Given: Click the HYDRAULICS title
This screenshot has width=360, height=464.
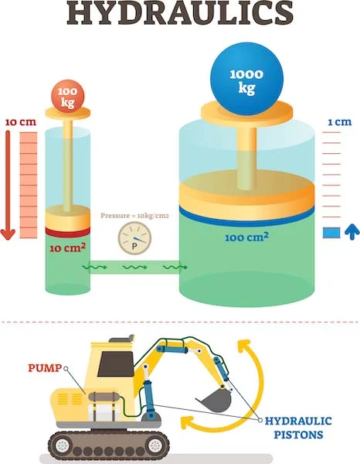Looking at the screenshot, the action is (180, 13).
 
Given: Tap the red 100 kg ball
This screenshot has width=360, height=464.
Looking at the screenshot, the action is (68, 97).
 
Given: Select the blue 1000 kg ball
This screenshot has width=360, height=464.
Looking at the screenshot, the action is (246, 79).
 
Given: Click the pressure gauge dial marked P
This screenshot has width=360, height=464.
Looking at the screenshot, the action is (134, 238).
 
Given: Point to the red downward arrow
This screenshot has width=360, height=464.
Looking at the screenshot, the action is (8, 185).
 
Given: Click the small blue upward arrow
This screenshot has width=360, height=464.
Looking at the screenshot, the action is (352, 232).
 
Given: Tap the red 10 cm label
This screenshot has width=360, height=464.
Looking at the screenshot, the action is (20, 122).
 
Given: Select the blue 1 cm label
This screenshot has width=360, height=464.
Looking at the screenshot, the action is (340, 122).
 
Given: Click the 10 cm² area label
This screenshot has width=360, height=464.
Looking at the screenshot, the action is (67, 247).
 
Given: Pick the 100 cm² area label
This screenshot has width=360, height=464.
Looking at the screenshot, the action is (246, 237).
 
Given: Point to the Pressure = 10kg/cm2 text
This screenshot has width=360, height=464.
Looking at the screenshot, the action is (134, 216).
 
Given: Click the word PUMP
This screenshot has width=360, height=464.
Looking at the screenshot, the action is (45, 368).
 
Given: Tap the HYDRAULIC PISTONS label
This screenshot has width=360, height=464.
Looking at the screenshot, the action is (298, 428).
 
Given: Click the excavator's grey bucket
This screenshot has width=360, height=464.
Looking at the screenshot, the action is (215, 400).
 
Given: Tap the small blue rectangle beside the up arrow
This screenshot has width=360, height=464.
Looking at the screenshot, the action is (331, 233).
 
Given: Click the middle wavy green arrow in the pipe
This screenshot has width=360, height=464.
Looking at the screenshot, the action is (134, 268).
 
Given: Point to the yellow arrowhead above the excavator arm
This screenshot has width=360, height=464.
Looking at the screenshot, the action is (245, 346).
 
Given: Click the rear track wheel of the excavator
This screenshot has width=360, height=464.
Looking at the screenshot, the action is (62, 445).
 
